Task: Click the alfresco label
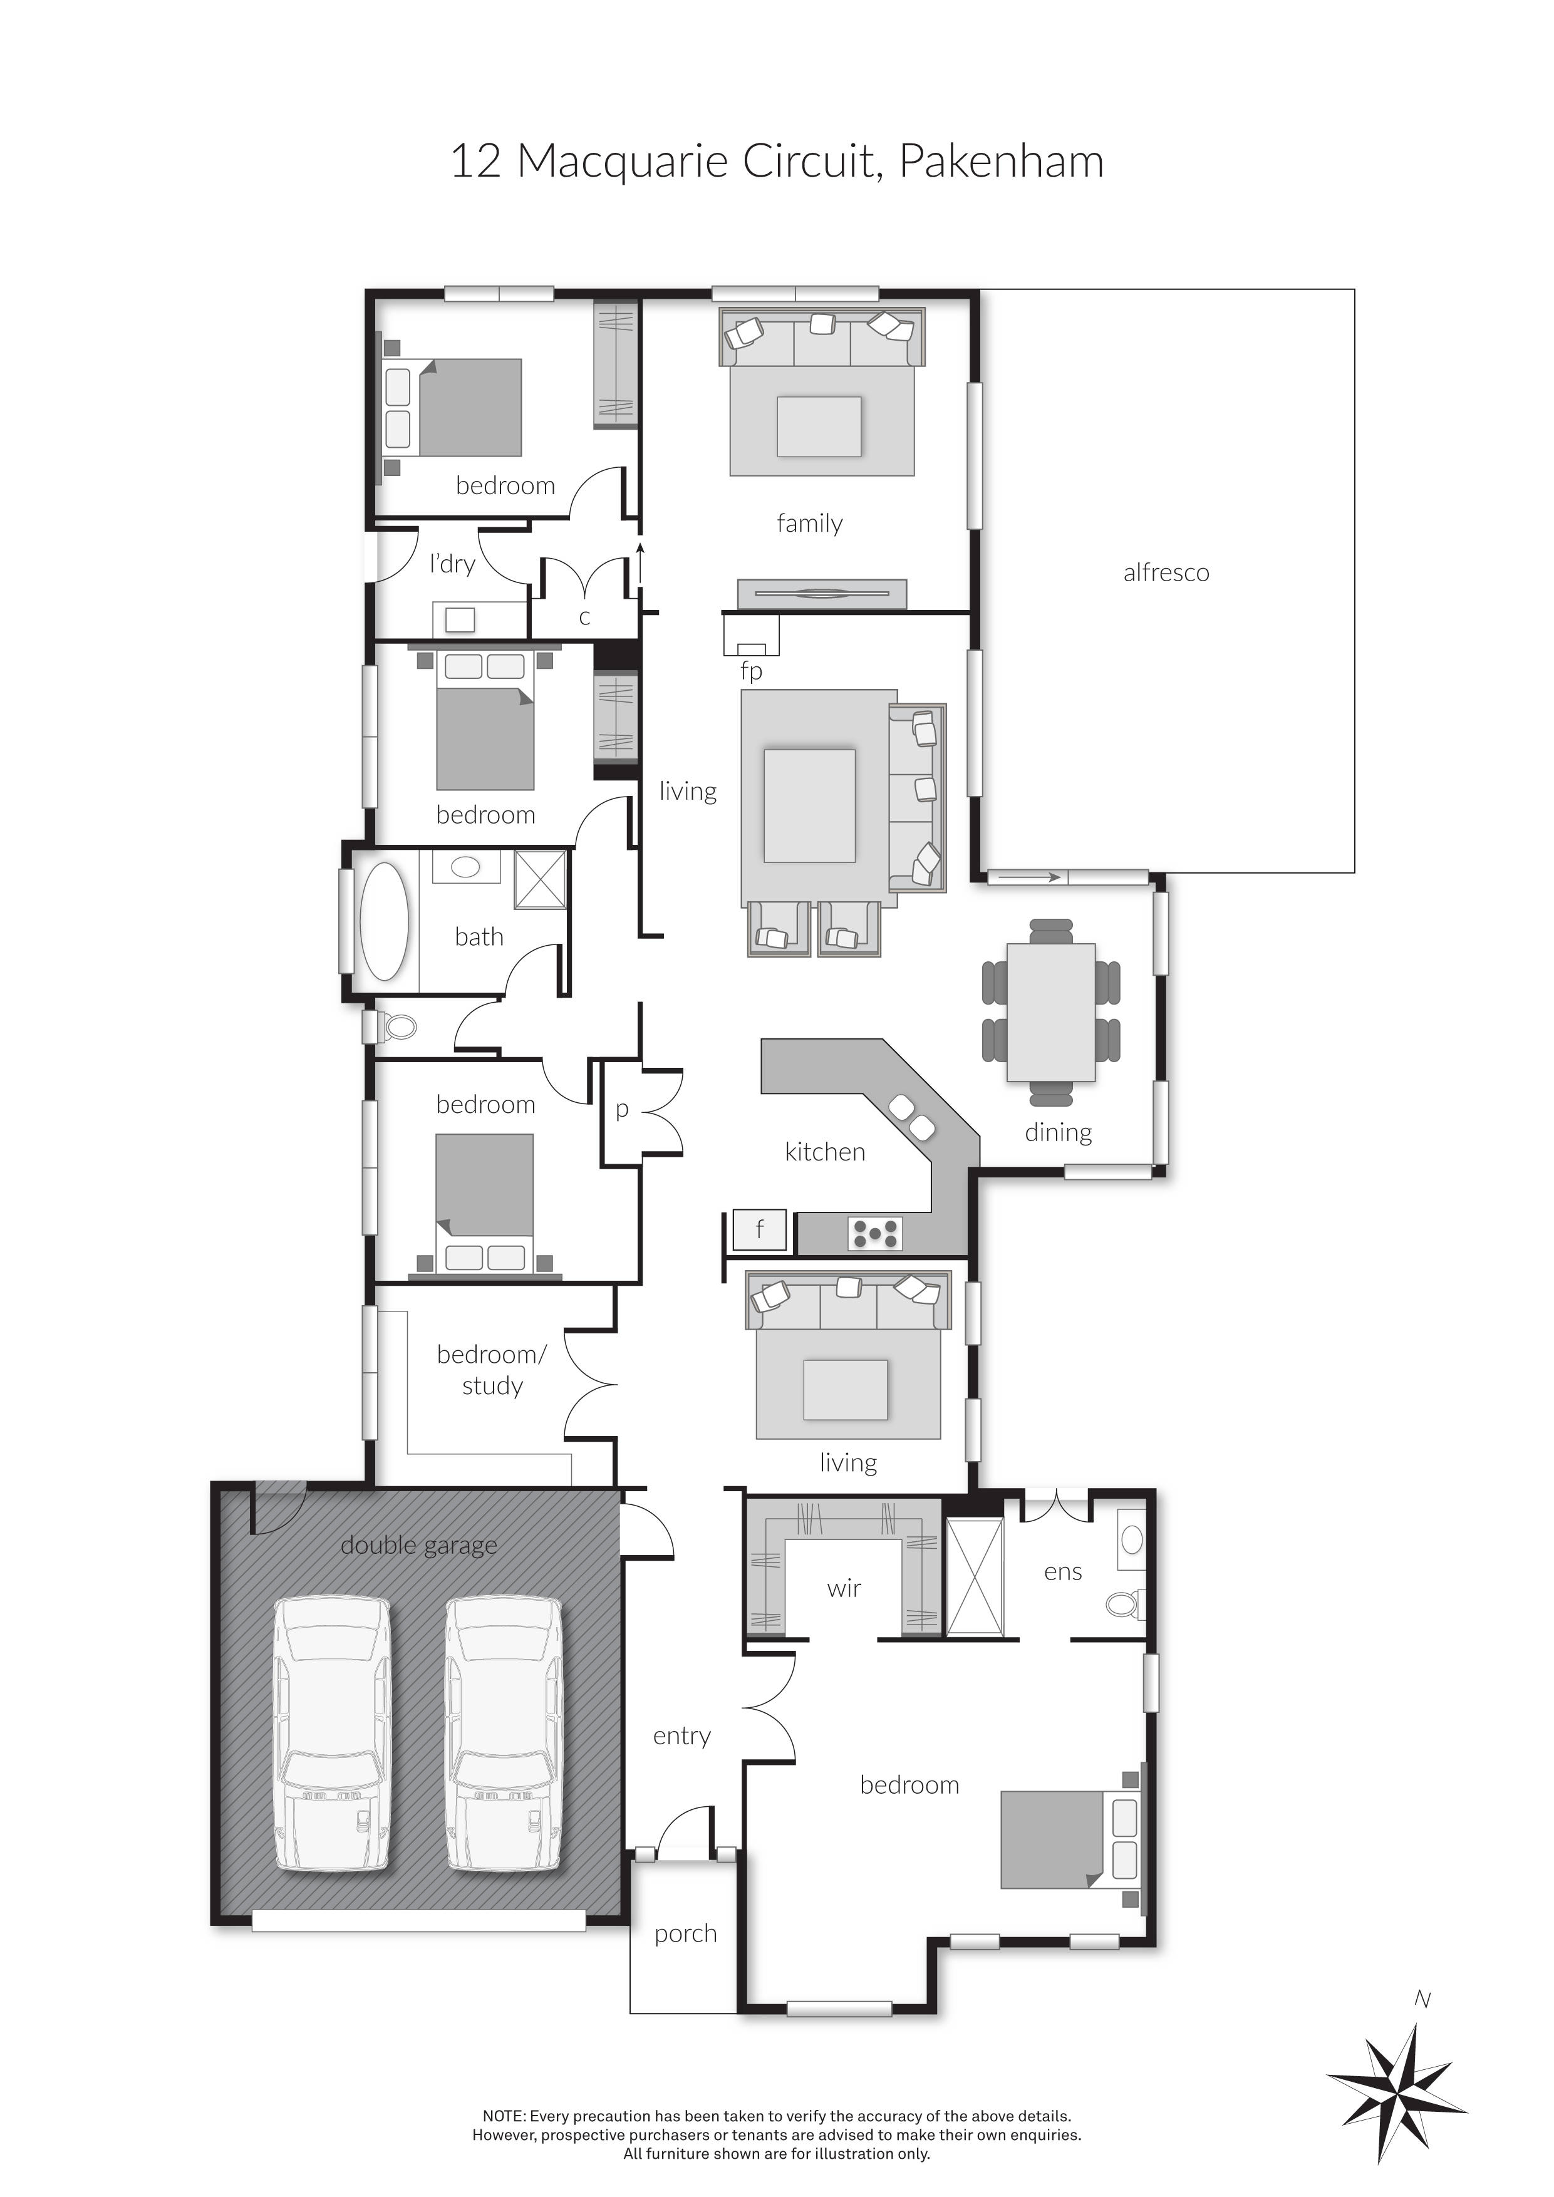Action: coord(1166,573)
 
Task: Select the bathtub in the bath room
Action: coord(384,921)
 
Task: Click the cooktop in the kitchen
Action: coord(874,1233)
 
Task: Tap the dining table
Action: coord(1050,1011)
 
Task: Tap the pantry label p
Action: coord(622,1110)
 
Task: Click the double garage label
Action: coord(418,1546)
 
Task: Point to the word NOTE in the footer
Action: coord(504,2117)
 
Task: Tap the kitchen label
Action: coord(825,1152)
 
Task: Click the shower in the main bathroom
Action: coord(541,879)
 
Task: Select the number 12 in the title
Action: coord(475,162)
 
